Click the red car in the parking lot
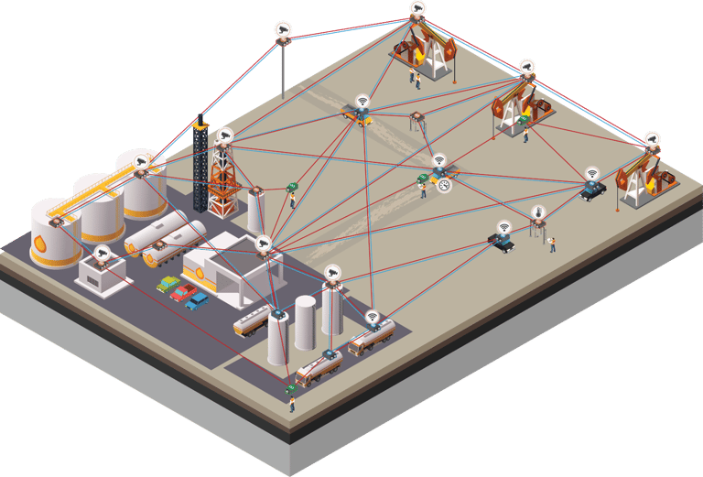pos(183,293)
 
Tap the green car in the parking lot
pos(168,284)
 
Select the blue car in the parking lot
pos(198,300)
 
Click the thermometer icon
pos(538,212)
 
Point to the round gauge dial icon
pos(445,186)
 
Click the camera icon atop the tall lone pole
pos(283,29)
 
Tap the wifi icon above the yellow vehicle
pos(362,101)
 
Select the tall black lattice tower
pos(200,165)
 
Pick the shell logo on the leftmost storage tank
pos(40,244)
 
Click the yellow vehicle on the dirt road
pos(358,115)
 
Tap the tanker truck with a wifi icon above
pos(371,339)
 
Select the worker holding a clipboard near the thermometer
pos(552,244)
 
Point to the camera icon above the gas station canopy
pos(263,244)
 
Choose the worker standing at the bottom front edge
pos(292,403)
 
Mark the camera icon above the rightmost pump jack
pos(652,140)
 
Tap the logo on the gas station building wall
pos(199,272)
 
